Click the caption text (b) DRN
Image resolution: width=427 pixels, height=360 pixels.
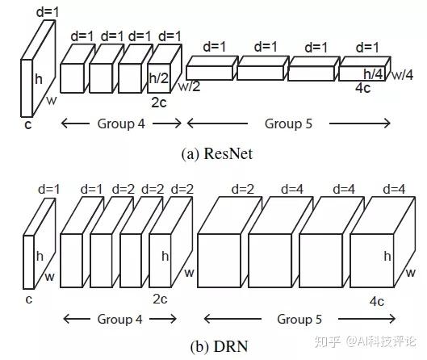(212, 346)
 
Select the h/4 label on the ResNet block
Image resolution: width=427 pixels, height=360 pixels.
(372, 74)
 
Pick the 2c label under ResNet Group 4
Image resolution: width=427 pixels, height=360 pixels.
(159, 103)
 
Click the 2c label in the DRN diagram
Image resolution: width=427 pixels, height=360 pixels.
(159, 299)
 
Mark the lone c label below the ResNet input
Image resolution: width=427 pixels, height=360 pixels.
(27, 124)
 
